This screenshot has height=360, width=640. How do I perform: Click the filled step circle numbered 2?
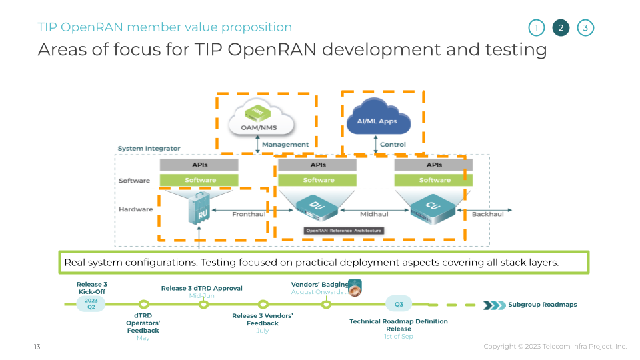(561, 28)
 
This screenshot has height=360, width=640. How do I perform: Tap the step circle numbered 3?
(585, 28)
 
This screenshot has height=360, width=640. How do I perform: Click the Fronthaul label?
(249, 215)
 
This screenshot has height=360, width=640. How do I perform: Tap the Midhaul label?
(374, 215)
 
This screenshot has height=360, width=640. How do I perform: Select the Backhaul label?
(487, 215)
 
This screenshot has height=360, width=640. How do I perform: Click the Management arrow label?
(285, 144)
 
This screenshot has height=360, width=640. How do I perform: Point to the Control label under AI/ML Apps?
(393, 144)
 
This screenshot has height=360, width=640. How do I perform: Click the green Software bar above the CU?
(435, 180)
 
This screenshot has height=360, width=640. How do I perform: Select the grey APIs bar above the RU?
(199, 165)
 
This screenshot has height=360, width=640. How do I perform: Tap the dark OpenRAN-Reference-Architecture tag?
(343, 231)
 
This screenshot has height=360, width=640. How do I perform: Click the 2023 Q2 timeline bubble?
(91, 303)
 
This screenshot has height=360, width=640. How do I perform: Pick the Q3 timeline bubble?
(399, 304)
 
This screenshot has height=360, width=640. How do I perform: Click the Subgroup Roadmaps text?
(542, 305)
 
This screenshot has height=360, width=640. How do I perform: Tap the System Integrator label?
(149, 148)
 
